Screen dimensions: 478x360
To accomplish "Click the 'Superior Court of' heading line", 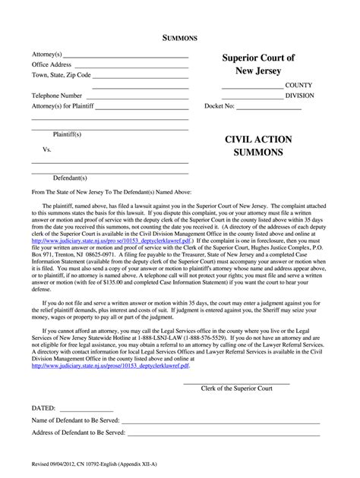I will click(x=258, y=58).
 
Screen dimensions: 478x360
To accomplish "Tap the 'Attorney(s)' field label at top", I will click(x=47, y=55).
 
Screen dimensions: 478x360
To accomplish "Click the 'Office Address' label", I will click(x=52, y=65).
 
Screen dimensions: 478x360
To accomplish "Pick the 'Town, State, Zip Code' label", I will click(x=62, y=76).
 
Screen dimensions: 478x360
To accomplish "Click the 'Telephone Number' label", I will click(x=56, y=96).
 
